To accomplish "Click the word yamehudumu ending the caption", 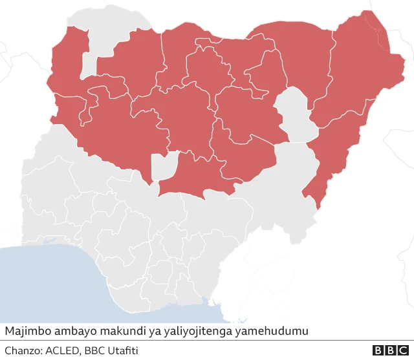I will (271, 331).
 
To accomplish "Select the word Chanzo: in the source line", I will (23, 350).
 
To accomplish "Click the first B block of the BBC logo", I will (378, 350).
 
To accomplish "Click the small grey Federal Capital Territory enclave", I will (164, 166).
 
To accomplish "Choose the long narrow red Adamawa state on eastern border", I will (336, 149).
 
